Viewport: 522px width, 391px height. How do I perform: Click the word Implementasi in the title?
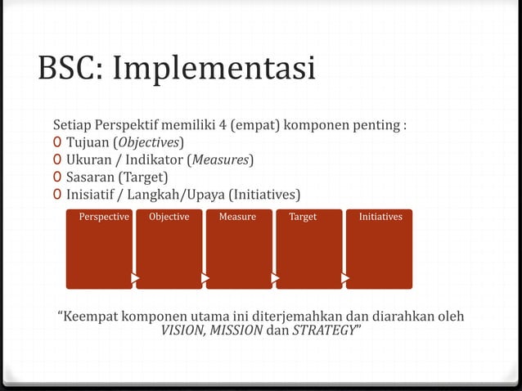214,69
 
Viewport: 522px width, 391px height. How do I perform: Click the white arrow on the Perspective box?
135,279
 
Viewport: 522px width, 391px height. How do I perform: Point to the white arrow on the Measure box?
276,279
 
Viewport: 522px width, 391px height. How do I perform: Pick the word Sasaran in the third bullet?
90,177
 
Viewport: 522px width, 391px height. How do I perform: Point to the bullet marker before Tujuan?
56,143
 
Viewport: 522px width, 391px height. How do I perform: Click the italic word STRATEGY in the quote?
325,330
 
